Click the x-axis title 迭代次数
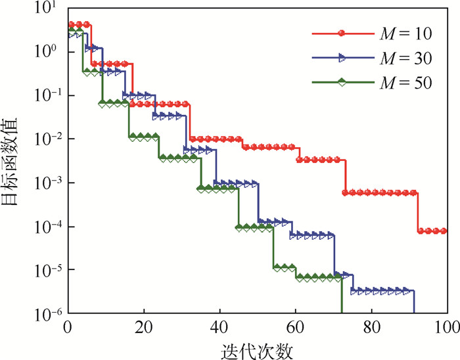[x=257, y=348]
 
